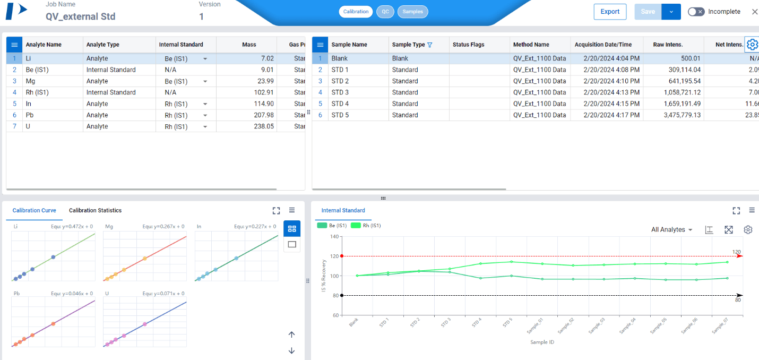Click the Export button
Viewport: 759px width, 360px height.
[x=610, y=12]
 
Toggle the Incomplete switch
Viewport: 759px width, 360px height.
[x=696, y=12]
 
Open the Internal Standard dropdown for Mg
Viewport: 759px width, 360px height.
[x=205, y=81]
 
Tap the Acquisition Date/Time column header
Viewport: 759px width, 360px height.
[x=603, y=45]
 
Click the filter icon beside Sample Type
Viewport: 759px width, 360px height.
[x=430, y=45]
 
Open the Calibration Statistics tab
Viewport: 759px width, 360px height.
[x=95, y=211]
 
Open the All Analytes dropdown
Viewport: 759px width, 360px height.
[x=671, y=230]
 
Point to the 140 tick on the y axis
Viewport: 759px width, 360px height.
[x=334, y=236]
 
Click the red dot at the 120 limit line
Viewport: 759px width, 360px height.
[x=341, y=256]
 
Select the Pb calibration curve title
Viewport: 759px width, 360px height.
[x=16, y=293]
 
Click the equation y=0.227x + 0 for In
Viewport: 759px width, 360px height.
[x=255, y=227]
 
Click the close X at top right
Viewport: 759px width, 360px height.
[x=754, y=12]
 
